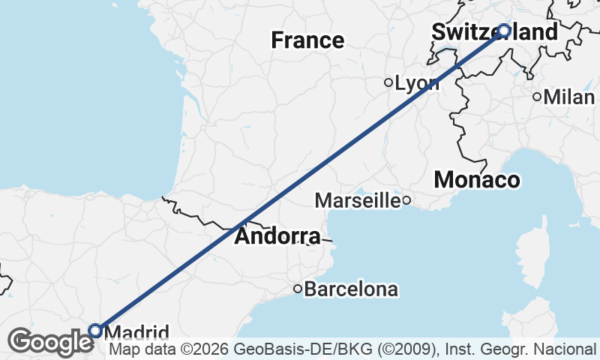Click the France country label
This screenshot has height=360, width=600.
click(x=307, y=40)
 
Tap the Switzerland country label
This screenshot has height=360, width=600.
click(x=495, y=32)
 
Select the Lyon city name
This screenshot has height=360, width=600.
click(x=417, y=83)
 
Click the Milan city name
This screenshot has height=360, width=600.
click(x=569, y=97)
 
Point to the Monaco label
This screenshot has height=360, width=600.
click(x=477, y=180)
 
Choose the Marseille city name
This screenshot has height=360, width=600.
click(x=357, y=200)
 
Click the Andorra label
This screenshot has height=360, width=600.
click(x=277, y=237)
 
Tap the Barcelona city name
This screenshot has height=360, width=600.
click(x=351, y=289)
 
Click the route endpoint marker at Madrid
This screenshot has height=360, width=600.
click(x=95, y=330)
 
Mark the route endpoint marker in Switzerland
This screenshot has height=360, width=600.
click(x=504, y=31)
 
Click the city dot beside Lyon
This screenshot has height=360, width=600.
click(x=388, y=82)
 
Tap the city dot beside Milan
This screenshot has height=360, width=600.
click(x=537, y=96)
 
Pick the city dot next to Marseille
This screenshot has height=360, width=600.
click(x=406, y=199)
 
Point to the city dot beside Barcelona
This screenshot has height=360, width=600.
click(x=298, y=288)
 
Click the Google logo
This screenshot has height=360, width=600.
click(x=51, y=342)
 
